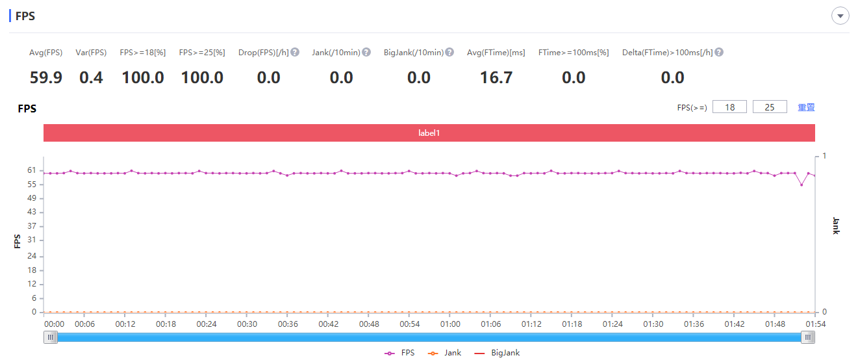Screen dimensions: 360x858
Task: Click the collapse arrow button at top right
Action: pyautogui.click(x=840, y=16)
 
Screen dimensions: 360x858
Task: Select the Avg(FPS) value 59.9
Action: pyautogui.click(x=46, y=78)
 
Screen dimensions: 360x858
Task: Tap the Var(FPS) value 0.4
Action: pyautogui.click(x=91, y=78)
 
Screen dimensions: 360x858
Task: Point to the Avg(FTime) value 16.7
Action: pyautogui.click(x=496, y=78)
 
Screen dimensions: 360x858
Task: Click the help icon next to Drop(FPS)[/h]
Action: pyautogui.click(x=295, y=52)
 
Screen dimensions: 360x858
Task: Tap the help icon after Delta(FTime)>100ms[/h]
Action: pyautogui.click(x=719, y=52)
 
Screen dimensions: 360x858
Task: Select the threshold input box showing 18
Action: pyautogui.click(x=729, y=107)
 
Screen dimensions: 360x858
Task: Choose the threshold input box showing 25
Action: pyautogui.click(x=770, y=107)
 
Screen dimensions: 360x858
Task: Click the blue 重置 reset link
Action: pyautogui.click(x=806, y=107)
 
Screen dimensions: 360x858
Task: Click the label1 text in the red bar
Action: pyautogui.click(x=429, y=133)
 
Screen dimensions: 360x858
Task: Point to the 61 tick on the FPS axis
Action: pyautogui.click(x=32, y=170)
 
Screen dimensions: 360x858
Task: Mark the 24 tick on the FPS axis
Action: pyautogui.click(x=32, y=256)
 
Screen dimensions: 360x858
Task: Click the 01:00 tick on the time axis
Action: pyautogui.click(x=450, y=324)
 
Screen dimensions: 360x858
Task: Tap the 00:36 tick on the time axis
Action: pyautogui.click(x=288, y=324)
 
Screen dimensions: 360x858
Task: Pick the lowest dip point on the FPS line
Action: pyautogui.click(x=801, y=185)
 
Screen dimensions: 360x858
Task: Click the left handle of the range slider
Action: pyautogui.click(x=51, y=337)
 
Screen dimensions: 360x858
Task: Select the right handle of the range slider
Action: pyautogui.click(x=808, y=337)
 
